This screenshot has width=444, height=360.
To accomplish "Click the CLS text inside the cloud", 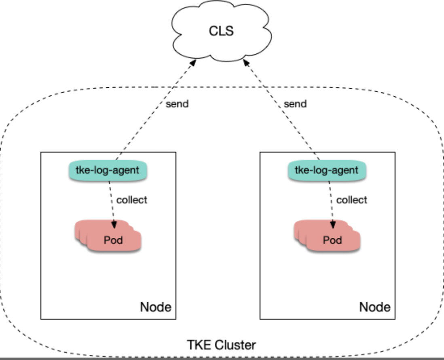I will pos(221,31).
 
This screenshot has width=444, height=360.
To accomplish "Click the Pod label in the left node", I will pos(113,240).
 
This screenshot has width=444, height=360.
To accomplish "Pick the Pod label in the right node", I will pos(332,240).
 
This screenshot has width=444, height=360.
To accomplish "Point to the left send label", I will pos(177,104).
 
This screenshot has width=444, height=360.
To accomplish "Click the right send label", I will pos(295,104).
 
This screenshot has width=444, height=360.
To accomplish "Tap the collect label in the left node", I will pos(132,200).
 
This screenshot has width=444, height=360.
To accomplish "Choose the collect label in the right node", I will pos(352,200).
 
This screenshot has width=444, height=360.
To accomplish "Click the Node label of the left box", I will pos(156,307).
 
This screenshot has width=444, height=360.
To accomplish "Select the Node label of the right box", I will pos(375,307).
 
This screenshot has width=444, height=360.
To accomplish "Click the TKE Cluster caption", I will pos(221,345).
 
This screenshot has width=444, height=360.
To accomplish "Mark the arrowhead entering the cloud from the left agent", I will pos(194,61).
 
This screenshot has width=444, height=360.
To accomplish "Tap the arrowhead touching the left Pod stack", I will pos(114,224).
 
